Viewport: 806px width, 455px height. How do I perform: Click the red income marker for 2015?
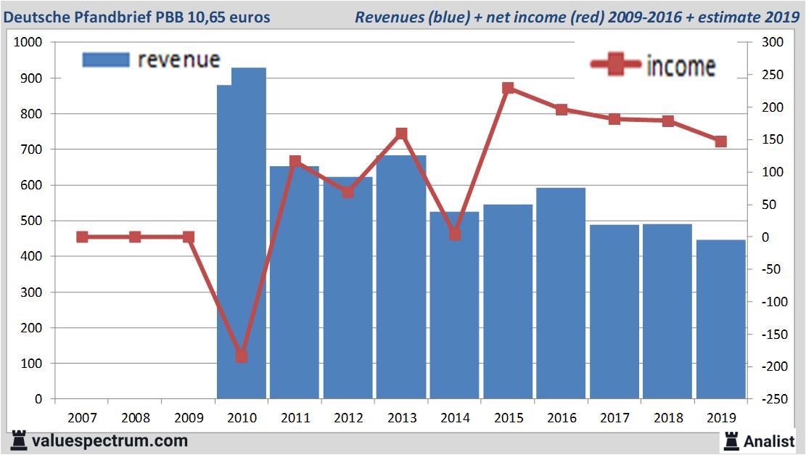click(x=508, y=89)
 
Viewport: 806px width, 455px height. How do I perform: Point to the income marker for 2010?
click(x=242, y=356)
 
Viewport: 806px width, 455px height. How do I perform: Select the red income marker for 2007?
click(x=82, y=237)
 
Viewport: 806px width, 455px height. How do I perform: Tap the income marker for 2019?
click(x=721, y=142)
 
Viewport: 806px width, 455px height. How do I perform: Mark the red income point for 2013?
click(x=401, y=134)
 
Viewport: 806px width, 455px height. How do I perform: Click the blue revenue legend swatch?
click(x=106, y=60)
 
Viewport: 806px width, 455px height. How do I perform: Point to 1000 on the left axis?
click(x=28, y=43)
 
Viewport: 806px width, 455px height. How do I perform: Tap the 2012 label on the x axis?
click(x=348, y=418)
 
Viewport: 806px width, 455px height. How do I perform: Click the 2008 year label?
click(x=135, y=418)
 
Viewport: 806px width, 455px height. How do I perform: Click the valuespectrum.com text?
click(x=110, y=440)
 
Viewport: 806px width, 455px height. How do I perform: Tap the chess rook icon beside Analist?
click(x=731, y=440)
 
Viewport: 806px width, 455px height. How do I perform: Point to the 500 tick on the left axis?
click(x=31, y=221)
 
